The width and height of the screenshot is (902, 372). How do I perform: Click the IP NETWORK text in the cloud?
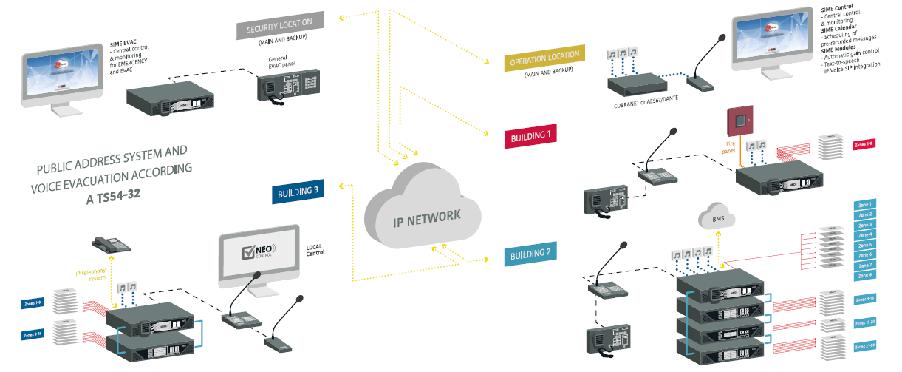(427, 216)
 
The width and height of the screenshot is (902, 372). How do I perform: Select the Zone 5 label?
(865, 245)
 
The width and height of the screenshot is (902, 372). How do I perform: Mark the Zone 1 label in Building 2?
(865, 204)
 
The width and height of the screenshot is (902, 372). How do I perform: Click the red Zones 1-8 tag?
(864, 144)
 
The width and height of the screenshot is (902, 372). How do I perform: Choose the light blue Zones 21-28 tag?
(864, 346)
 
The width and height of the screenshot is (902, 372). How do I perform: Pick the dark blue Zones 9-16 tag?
(33, 336)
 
